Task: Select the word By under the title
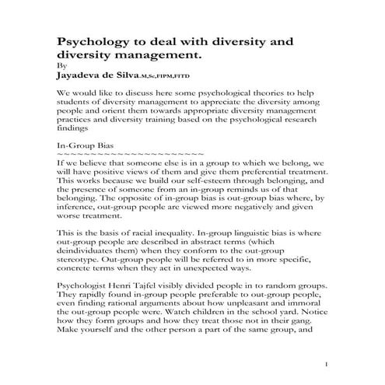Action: (x=62, y=67)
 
